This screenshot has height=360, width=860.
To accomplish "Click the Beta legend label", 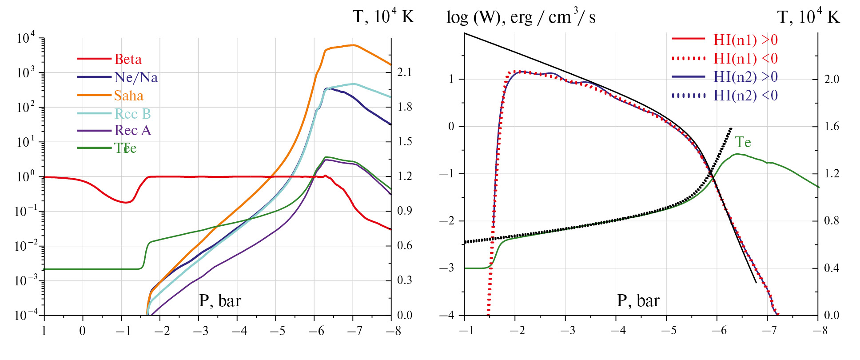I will pos(128,59).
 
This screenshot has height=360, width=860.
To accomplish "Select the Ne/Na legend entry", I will pos(135,77).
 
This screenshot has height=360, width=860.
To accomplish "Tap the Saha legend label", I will pos(128,96).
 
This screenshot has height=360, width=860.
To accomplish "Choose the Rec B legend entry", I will pos(132,114).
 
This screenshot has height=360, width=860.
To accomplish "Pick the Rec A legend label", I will pos(132,130).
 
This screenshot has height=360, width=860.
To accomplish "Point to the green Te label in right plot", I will pos(743,142).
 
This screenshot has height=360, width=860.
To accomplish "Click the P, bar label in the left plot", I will pos(220,301).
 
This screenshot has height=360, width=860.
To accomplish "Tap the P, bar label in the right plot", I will pos(638,301).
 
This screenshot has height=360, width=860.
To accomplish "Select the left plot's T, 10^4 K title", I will pos(383,16).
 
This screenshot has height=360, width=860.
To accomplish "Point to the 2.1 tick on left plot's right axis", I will pos(404,72).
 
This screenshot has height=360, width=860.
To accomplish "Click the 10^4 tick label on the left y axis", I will pos(25,38).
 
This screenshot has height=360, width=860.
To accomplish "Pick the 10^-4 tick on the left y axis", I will pos(25,315).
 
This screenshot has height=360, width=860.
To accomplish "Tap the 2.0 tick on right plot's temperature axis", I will pos(832,79).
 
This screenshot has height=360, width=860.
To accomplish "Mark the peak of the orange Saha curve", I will pos(353,45).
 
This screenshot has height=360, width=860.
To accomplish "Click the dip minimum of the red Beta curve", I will pos(127,203).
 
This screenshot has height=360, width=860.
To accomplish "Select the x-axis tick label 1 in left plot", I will pos(44,331).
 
